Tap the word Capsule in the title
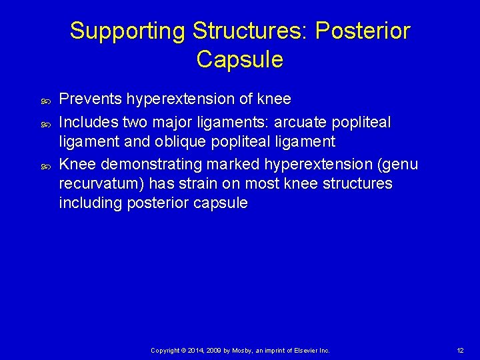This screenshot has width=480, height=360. point(240,60)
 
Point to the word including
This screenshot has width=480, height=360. point(86,203)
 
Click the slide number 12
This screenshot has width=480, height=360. point(460,350)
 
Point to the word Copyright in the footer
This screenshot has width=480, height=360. point(165,350)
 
